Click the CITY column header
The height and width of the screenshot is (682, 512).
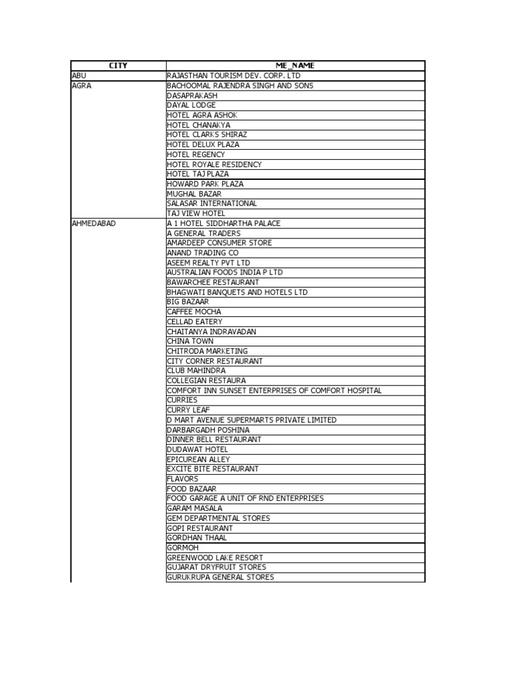point(118,66)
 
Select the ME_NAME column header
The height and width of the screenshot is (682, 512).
point(295,66)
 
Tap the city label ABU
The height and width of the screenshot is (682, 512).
point(79,76)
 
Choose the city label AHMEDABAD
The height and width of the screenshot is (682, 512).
point(93,223)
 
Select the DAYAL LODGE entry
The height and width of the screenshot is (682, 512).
point(191,105)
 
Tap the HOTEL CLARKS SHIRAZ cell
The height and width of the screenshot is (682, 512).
point(207,135)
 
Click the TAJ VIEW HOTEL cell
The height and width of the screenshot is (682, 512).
point(196,213)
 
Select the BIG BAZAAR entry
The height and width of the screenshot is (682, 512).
point(188,302)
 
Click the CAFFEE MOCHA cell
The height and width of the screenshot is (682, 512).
point(194,312)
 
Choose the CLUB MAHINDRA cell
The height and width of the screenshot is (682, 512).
point(196,370)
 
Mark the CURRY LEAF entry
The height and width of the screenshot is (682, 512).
point(188,410)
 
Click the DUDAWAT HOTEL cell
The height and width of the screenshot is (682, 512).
point(197,449)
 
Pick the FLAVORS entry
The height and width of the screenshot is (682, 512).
point(183,479)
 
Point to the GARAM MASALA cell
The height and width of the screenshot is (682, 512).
point(195,508)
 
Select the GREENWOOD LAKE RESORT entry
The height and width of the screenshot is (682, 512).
point(215,557)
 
